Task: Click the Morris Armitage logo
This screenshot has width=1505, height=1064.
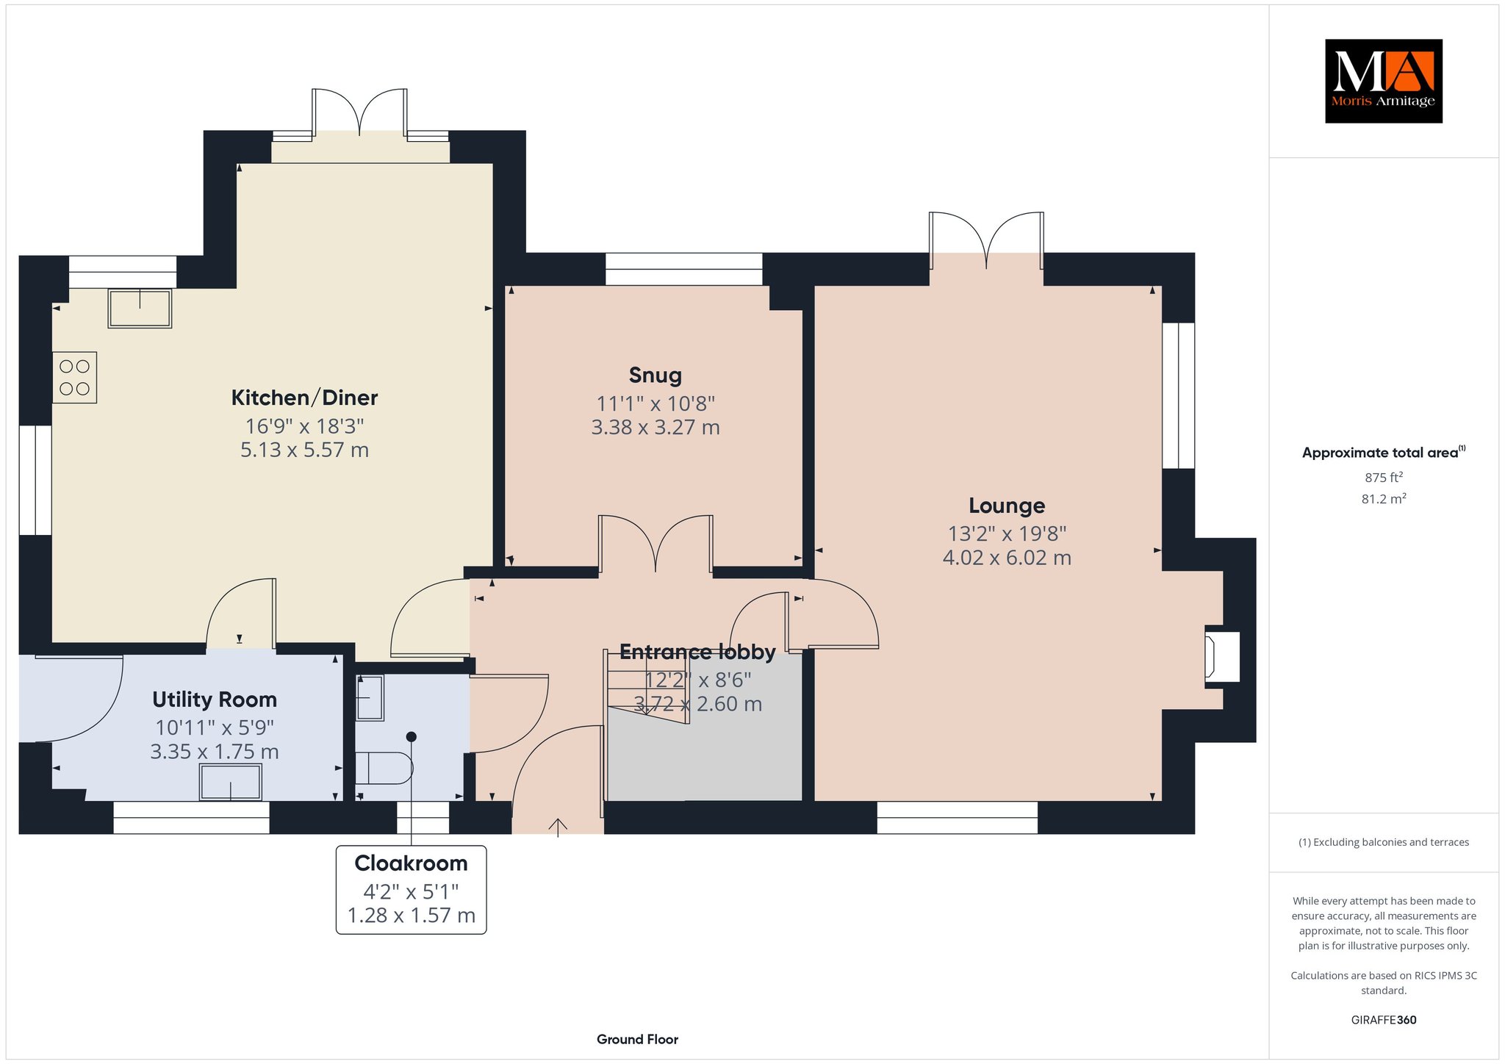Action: [x=1384, y=81]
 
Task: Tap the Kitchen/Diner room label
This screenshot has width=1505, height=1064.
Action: [x=304, y=398]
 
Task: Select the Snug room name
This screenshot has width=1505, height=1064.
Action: [x=655, y=375]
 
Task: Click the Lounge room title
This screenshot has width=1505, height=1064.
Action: [x=1007, y=506]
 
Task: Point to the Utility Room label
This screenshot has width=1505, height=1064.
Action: [x=215, y=699]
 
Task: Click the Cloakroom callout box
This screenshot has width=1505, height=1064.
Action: [x=412, y=890]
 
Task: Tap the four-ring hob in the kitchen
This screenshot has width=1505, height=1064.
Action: [x=75, y=378]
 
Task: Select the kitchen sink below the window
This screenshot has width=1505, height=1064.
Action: [x=140, y=308]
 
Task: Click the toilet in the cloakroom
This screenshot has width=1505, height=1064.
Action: [x=384, y=769]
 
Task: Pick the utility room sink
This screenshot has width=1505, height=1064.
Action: [x=231, y=783]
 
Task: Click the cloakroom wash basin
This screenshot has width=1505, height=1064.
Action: [x=370, y=697]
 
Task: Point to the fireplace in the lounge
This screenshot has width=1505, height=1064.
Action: [x=1222, y=656]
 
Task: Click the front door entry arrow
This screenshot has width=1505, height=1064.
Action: [x=558, y=827]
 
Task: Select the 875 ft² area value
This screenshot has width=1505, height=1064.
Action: [x=1384, y=477]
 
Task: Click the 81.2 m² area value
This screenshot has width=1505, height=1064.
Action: [x=1384, y=499]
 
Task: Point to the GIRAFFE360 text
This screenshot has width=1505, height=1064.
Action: [x=1384, y=1020]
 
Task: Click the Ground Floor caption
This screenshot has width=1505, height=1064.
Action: [x=637, y=1039]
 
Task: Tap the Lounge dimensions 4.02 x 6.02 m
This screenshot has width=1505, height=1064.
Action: [x=1007, y=558]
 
